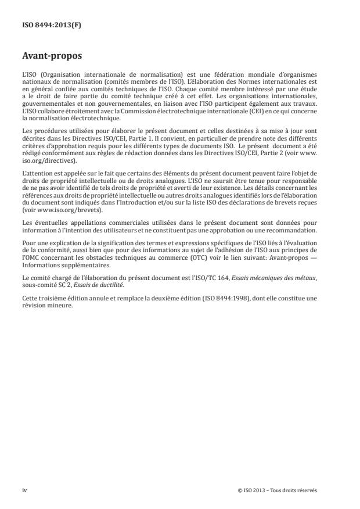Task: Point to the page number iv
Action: click(24, 490)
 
